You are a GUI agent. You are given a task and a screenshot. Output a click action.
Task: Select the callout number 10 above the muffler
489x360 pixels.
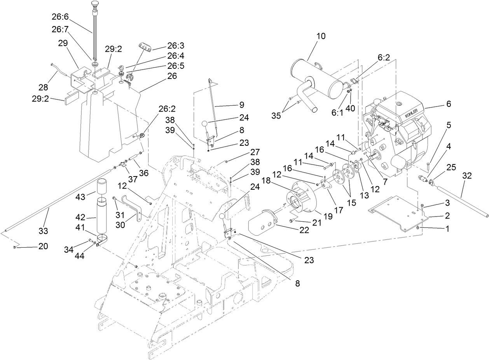[321, 36]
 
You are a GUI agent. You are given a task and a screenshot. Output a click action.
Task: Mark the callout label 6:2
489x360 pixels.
[383, 57]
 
